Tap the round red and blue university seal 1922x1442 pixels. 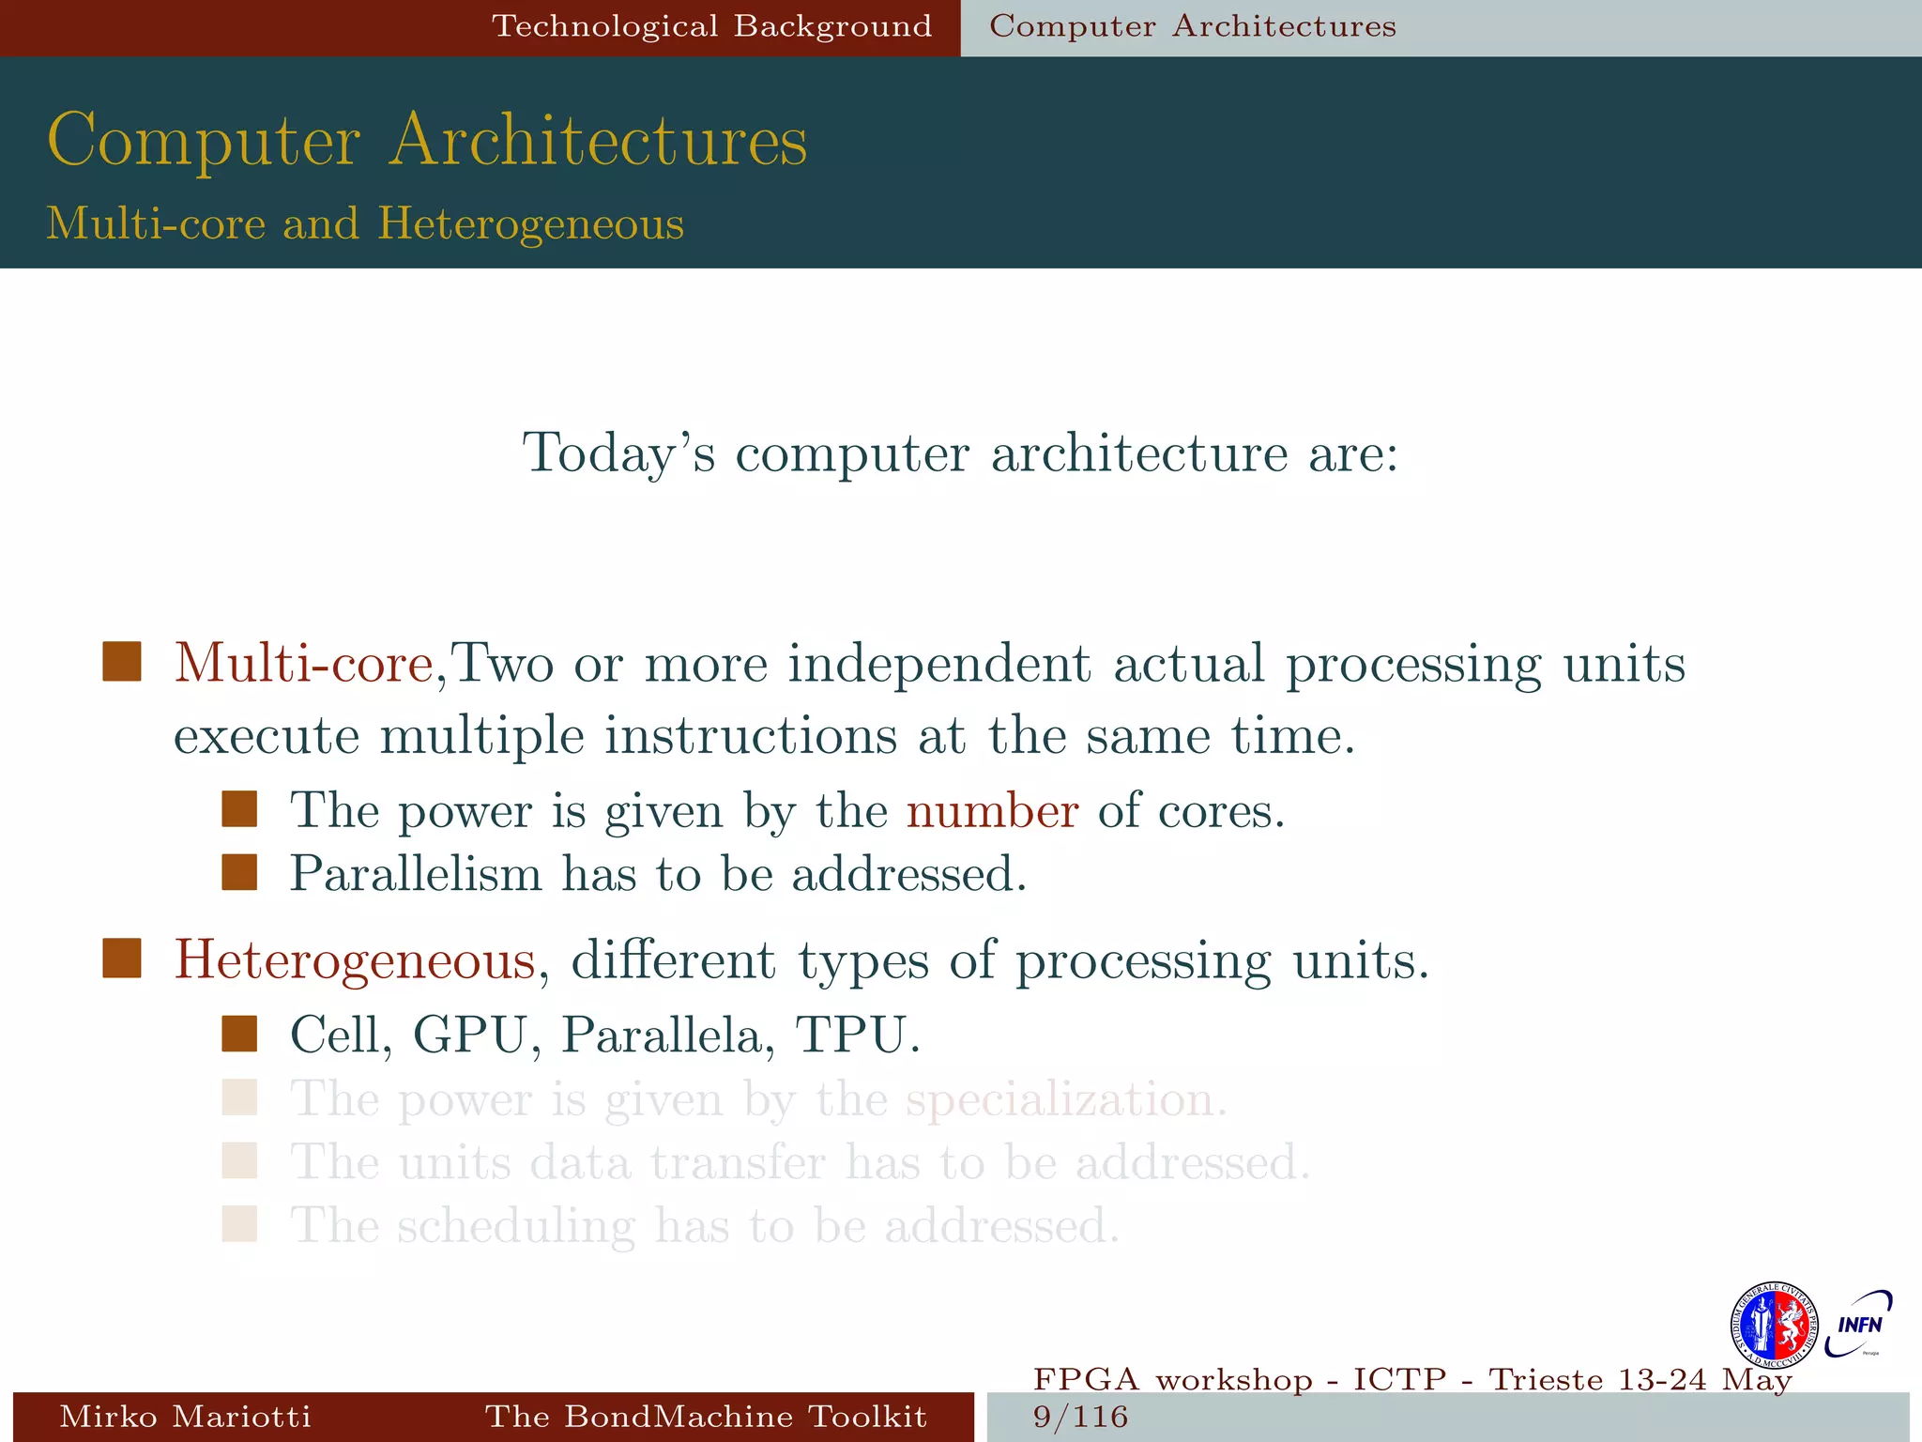1773,1326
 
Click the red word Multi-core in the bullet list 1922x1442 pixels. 303,664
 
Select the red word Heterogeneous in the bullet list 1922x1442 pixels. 355,960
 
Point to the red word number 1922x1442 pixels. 992,810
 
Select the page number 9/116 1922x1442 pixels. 1080,1417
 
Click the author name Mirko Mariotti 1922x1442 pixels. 185,1417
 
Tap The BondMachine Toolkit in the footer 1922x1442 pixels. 706,1417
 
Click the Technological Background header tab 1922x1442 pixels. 712,26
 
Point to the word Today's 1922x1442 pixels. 618,453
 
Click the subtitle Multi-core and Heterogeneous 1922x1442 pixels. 365,224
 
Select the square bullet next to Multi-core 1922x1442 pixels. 122,662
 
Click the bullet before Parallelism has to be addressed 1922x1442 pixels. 239,872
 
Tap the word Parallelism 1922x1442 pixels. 416,874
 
